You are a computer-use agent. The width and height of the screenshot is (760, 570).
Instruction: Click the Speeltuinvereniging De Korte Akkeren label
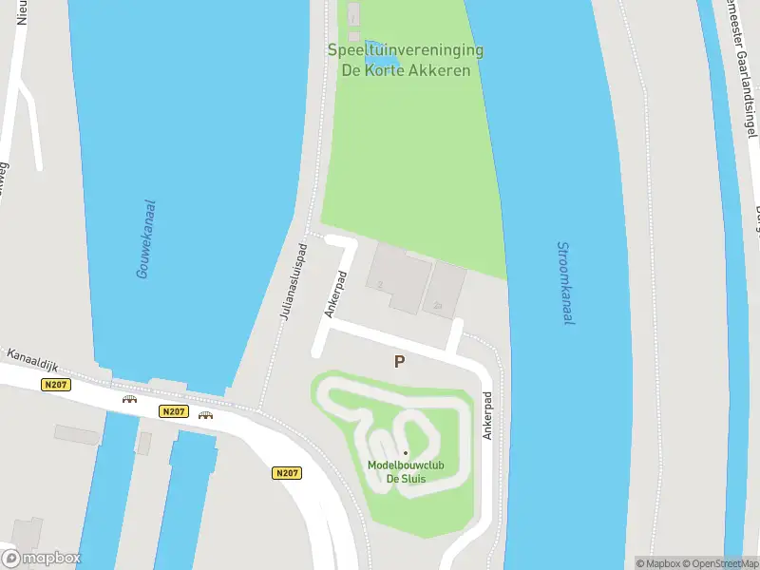point(406,60)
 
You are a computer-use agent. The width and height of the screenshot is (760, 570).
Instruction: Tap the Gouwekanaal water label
point(145,238)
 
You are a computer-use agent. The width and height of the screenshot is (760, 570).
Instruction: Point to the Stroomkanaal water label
point(565,283)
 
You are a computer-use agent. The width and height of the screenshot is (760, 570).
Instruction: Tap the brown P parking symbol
point(400,361)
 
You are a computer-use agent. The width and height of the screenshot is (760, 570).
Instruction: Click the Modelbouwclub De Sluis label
point(405,471)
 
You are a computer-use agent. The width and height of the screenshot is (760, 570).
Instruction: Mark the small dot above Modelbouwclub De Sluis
point(406,453)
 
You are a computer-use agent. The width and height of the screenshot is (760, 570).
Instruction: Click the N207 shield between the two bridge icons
point(172,411)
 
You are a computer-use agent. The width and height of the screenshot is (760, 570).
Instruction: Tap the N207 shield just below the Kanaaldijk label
point(56,385)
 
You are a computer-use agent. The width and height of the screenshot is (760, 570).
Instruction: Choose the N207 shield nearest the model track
point(287,472)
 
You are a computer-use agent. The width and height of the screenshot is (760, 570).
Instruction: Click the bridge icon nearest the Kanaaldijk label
point(129,399)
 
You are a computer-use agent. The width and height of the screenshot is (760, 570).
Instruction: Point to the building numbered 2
point(394,275)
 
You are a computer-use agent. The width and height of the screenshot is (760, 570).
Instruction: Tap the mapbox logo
point(42,558)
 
